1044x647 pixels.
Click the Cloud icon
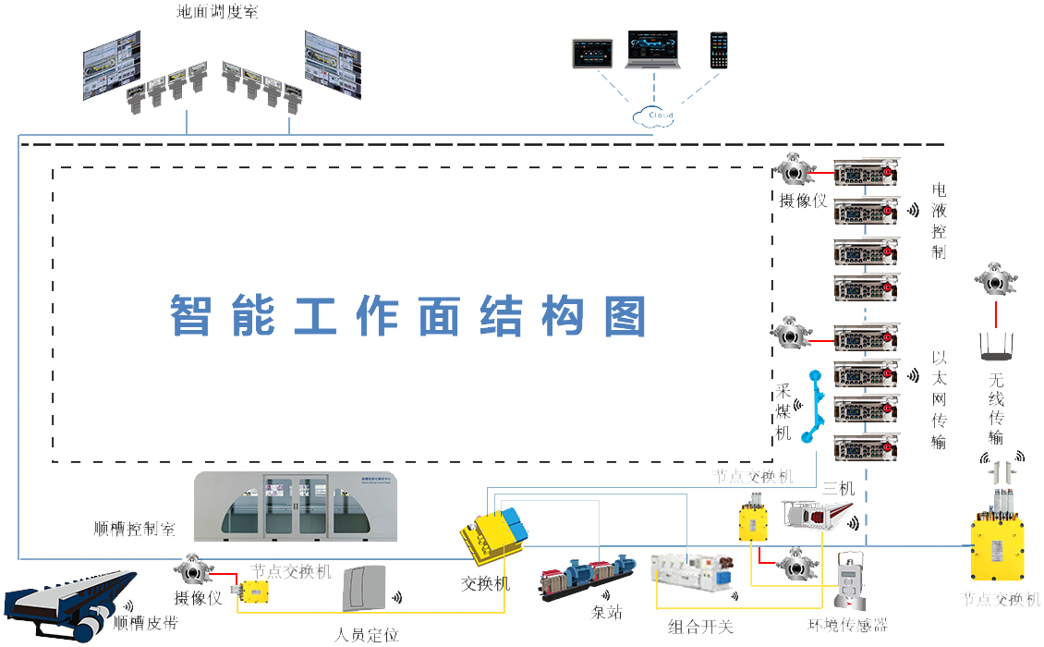tap(653, 116)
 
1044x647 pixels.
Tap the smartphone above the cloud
tap(719, 50)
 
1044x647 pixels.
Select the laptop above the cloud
tap(653, 51)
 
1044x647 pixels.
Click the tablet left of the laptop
tap(591, 53)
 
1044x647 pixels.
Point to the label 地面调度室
tap(217, 12)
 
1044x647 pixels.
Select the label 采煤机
tap(783, 412)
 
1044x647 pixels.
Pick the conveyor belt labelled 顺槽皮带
tap(69, 602)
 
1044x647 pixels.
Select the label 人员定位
tap(367, 635)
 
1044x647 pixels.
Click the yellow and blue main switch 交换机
tap(495, 537)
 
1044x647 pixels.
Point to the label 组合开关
tap(700, 627)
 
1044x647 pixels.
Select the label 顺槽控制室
tap(134, 529)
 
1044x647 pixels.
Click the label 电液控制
tap(940, 221)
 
